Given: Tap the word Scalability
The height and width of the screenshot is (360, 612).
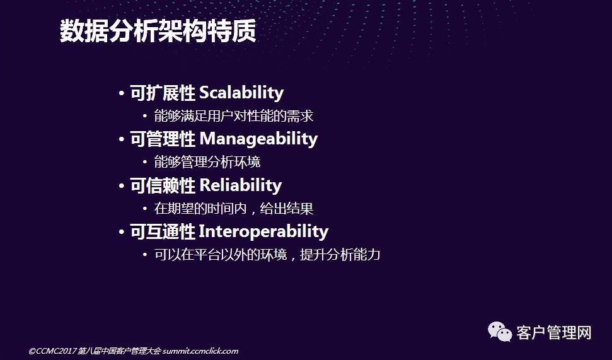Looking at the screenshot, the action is [241, 93].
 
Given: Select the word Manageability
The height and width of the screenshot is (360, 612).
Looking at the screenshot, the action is [258, 139].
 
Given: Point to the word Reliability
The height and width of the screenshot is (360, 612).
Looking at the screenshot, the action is [240, 185].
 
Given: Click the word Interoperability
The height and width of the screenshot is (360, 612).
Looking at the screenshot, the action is [263, 231].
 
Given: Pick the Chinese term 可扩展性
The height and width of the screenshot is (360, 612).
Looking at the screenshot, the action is [163, 93].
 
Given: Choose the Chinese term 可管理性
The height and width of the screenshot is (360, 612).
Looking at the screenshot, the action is [163, 139].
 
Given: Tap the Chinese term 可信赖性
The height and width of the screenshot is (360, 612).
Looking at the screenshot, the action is [163, 185].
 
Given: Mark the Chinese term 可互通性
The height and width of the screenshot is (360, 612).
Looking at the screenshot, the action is [163, 231].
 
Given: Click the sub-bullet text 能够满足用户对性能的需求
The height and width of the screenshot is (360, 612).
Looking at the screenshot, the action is [233, 116].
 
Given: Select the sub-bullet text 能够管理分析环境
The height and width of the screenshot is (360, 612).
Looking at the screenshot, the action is [207, 162].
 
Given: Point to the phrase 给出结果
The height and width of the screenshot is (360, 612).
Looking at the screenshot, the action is [287, 209].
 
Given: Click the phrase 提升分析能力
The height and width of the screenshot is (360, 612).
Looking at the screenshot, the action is [340, 255].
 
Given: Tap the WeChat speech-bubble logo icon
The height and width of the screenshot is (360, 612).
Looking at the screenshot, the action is [500, 332].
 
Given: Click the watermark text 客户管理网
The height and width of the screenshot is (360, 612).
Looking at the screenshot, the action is [554, 333].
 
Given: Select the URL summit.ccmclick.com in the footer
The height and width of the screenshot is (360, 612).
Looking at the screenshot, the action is [200, 351].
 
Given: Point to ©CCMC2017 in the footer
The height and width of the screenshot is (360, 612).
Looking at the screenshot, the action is [52, 351].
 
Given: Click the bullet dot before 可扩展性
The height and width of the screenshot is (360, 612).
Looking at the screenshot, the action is [122, 94].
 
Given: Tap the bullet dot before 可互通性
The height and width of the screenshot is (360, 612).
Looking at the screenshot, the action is [122, 232].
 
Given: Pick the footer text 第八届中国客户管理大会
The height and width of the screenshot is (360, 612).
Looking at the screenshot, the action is [119, 351].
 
